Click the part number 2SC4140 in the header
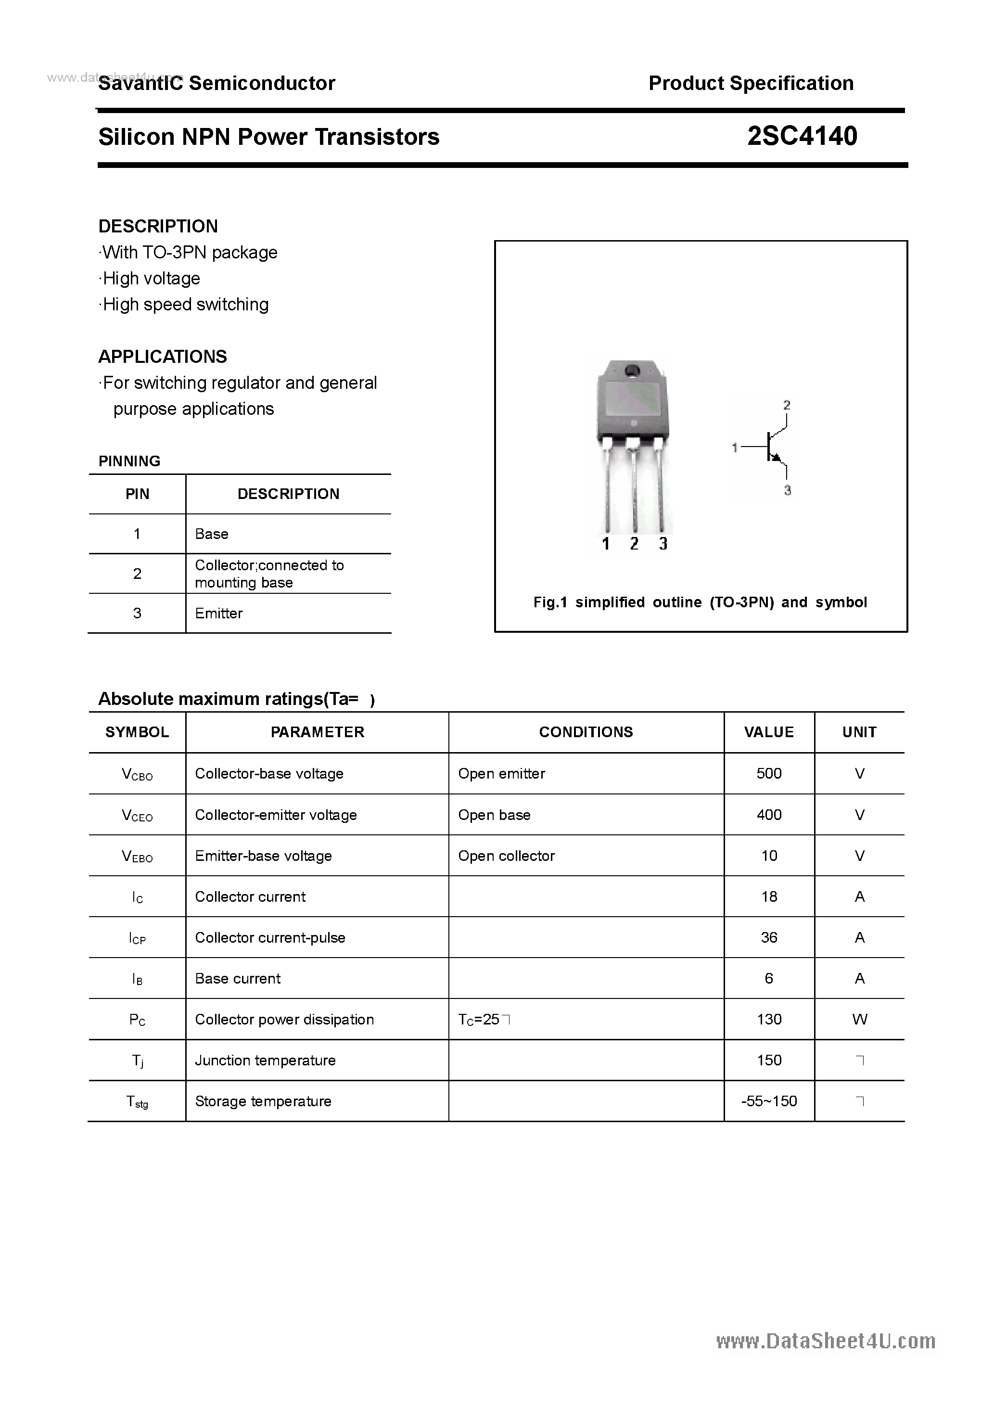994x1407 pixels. pyautogui.click(x=802, y=136)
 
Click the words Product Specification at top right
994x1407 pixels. pyautogui.click(x=751, y=83)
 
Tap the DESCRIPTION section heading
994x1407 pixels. pyautogui.click(x=158, y=226)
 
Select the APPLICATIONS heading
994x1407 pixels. pyautogui.click(x=163, y=357)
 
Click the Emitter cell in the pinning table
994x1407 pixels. pyautogui.click(x=219, y=614)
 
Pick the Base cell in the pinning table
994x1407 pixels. pyautogui.click(x=211, y=534)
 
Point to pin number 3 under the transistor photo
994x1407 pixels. pyautogui.click(x=663, y=544)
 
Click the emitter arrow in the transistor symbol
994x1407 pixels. pyautogui.click(x=777, y=457)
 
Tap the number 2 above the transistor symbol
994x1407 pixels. pyautogui.click(x=787, y=405)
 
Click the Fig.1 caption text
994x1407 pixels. pyautogui.click(x=700, y=602)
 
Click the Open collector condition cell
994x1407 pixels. pyautogui.click(x=506, y=856)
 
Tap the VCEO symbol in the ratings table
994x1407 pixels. pyautogui.click(x=137, y=815)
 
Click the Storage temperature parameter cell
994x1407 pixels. pyautogui.click(x=263, y=1101)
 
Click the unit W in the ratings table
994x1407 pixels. pyautogui.click(x=859, y=1019)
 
